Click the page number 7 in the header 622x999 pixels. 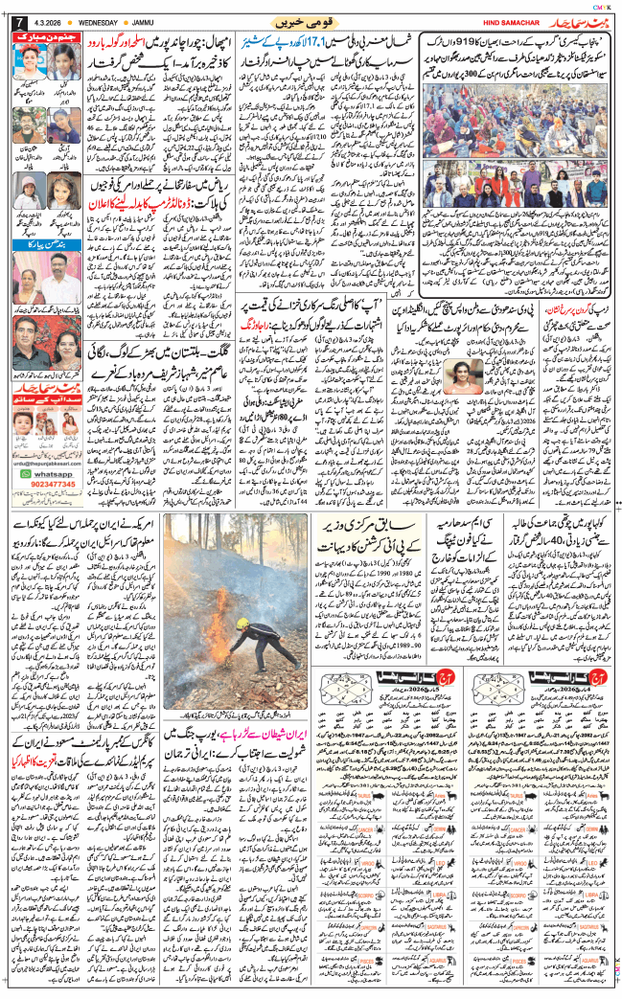click(12, 21)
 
